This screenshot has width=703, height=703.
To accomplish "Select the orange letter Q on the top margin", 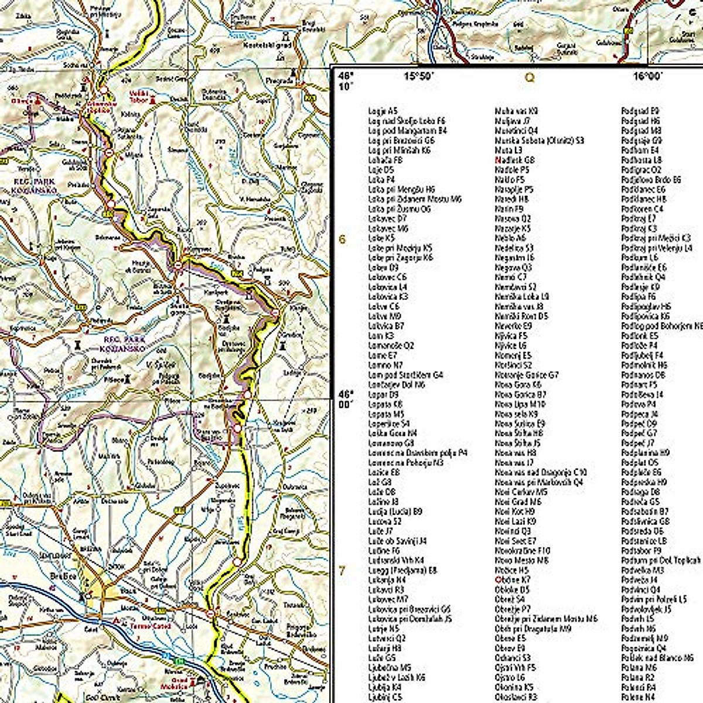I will (530, 77).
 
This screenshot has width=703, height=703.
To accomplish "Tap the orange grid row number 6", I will (343, 239).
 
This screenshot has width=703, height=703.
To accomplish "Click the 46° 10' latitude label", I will (347, 80).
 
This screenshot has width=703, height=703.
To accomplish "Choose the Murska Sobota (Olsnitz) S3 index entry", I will (539, 141).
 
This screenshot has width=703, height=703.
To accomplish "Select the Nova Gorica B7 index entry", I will (520, 395).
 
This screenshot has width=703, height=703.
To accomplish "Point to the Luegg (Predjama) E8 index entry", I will (402, 570).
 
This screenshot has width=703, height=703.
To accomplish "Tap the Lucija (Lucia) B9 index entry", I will (395, 511).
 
